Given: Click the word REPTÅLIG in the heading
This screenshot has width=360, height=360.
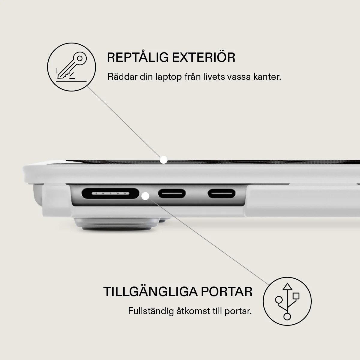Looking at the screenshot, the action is pyautogui.click(x=138, y=57).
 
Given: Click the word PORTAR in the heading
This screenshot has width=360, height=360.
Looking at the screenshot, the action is pyautogui.click(x=226, y=292).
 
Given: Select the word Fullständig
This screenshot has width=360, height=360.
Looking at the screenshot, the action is pyautogui.click(x=151, y=311).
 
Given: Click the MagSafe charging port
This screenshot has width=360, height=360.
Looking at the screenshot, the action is pyautogui.click(x=110, y=193).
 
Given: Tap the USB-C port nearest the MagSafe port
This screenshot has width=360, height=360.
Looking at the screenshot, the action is pyautogui.click(x=172, y=193).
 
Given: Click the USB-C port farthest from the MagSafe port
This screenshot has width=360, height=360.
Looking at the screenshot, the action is pyautogui.click(x=222, y=193).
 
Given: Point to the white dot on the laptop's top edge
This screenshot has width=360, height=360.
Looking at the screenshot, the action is pyautogui.click(x=164, y=160).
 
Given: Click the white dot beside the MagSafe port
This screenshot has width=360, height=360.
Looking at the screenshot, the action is pyautogui.click(x=145, y=196).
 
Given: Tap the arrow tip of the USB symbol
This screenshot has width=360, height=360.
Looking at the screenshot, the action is pyautogui.click(x=287, y=283).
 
